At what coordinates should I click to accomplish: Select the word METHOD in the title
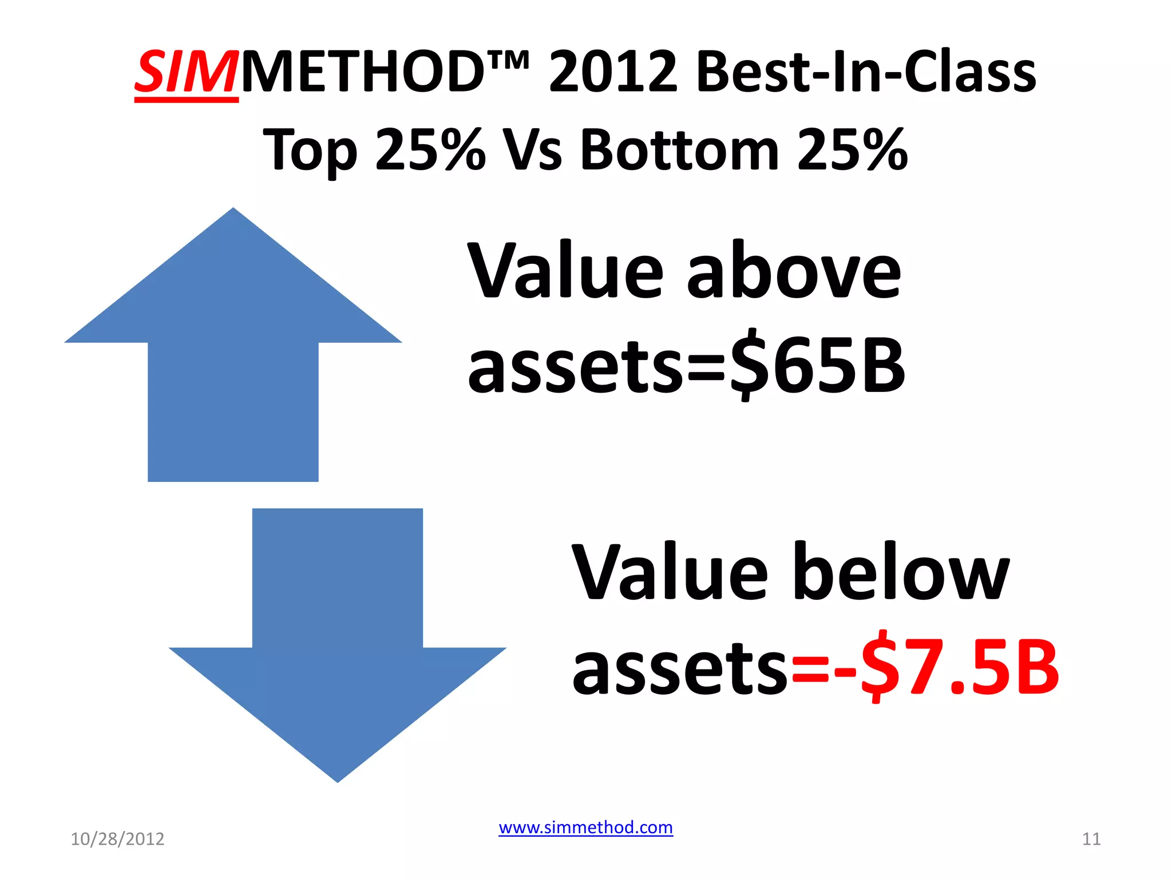363,72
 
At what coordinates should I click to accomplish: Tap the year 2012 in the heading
613,72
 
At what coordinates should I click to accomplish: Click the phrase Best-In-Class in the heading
866,72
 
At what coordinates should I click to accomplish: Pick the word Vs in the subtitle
532,150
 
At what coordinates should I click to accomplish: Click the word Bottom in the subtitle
679,150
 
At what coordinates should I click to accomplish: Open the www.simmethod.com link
585,827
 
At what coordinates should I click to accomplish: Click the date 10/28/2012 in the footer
117,839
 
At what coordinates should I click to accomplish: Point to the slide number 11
1091,839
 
